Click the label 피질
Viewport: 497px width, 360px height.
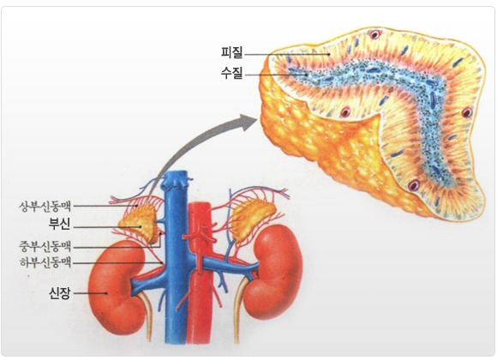pyautogui.click(x=231, y=52)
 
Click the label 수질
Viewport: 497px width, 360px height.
pyautogui.click(x=231, y=73)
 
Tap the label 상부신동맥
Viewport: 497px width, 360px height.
pyautogui.click(x=45, y=207)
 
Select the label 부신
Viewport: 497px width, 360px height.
pyautogui.click(x=59, y=224)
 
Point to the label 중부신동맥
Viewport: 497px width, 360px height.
pyautogui.click(x=45, y=246)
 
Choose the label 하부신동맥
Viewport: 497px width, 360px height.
pyautogui.click(x=45, y=262)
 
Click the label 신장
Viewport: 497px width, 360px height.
pyautogui.click(x=59, y=293)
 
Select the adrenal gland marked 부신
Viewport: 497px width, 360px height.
pyautogui.click(x=140, y=224)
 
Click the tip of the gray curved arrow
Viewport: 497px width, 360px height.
pyautogui.click(x=256, y=120)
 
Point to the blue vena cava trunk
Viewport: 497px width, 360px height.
pyautogui.click(x=176, y=260)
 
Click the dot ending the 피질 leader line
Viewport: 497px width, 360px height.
pyautogui.click(x=329, y=54)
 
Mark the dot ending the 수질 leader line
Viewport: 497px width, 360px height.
pyautogui.click(x=307, y=75)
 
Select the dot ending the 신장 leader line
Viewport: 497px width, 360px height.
pyautogui.click(x=106, y=293)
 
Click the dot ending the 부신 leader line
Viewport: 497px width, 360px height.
pyautogui.click(x=140, y=227)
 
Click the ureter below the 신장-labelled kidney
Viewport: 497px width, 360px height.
pyautogui.click(x=147, y=314)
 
